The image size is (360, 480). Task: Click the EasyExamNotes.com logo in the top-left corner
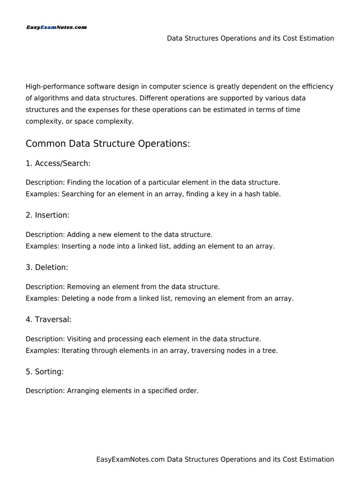tap(56, 28)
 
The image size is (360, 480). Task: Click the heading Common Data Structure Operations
tap(108, 144)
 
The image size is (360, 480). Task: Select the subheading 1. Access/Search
tap(58, 164)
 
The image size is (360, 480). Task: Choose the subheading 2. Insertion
tap(47, 215)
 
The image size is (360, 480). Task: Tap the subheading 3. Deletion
tap(47, 267)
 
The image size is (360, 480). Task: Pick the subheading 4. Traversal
tap(49, 319)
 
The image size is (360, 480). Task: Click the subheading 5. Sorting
tap(45, 371)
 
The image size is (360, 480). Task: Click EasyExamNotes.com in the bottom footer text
tap(130, 459)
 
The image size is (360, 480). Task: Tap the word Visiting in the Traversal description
tap(80, 338)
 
